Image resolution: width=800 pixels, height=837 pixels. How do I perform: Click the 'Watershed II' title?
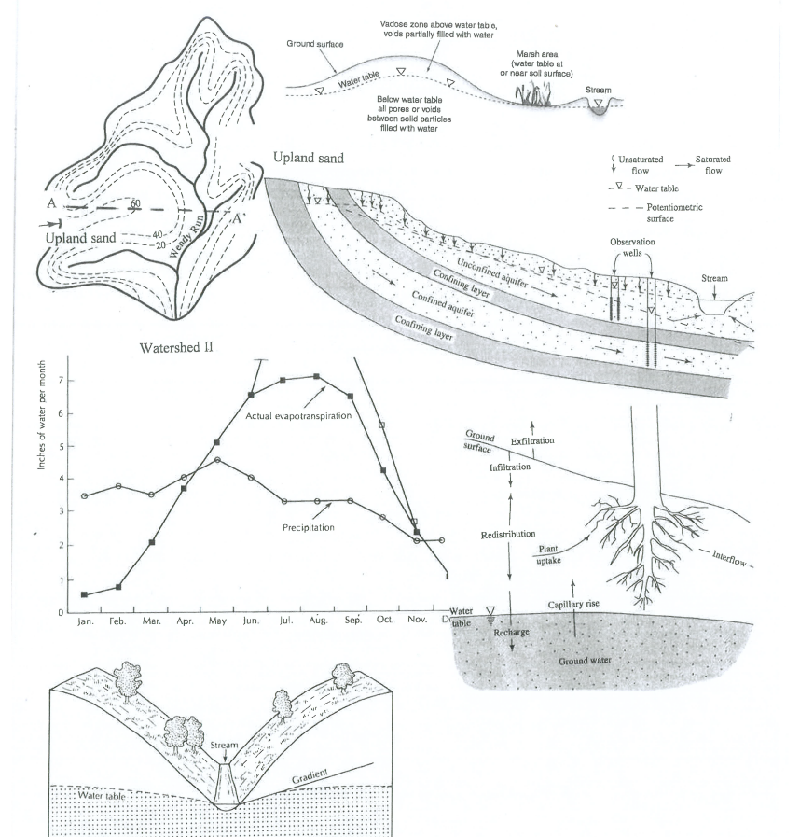(176, 347)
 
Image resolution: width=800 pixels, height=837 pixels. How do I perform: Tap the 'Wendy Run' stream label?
(186, 236)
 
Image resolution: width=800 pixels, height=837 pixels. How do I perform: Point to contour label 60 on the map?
(135, 202)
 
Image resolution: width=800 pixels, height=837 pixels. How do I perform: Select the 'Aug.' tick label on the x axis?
(318, 620)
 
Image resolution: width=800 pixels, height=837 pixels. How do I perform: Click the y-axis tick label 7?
(61, 380)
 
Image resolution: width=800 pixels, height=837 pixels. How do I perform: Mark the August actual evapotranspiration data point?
(316, 376)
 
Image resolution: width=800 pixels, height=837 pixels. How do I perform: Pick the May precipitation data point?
(217, 460)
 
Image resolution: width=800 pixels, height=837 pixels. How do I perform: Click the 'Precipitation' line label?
(309, 527)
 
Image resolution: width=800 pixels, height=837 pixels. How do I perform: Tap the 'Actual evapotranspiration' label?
(298, 416)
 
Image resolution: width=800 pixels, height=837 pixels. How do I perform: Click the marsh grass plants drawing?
(532, 95)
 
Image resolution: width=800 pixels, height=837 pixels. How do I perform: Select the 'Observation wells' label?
(632, 247)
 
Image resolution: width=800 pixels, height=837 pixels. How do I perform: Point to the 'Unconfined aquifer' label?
(492, 273)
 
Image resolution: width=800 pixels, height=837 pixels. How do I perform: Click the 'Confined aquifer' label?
(443, 304)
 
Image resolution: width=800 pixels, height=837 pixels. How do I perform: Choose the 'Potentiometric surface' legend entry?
(674, 213)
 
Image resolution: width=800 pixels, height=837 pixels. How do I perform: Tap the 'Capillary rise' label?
(573, 604)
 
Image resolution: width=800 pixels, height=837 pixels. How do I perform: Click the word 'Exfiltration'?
(532, 441)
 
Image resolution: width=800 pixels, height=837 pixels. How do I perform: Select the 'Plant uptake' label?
(548, 554)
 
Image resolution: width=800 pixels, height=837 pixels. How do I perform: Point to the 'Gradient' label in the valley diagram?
(310, 776)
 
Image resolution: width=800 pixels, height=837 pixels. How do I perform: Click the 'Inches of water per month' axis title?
(41, 415)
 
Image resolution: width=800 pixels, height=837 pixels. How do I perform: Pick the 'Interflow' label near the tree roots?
(729, 557)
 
